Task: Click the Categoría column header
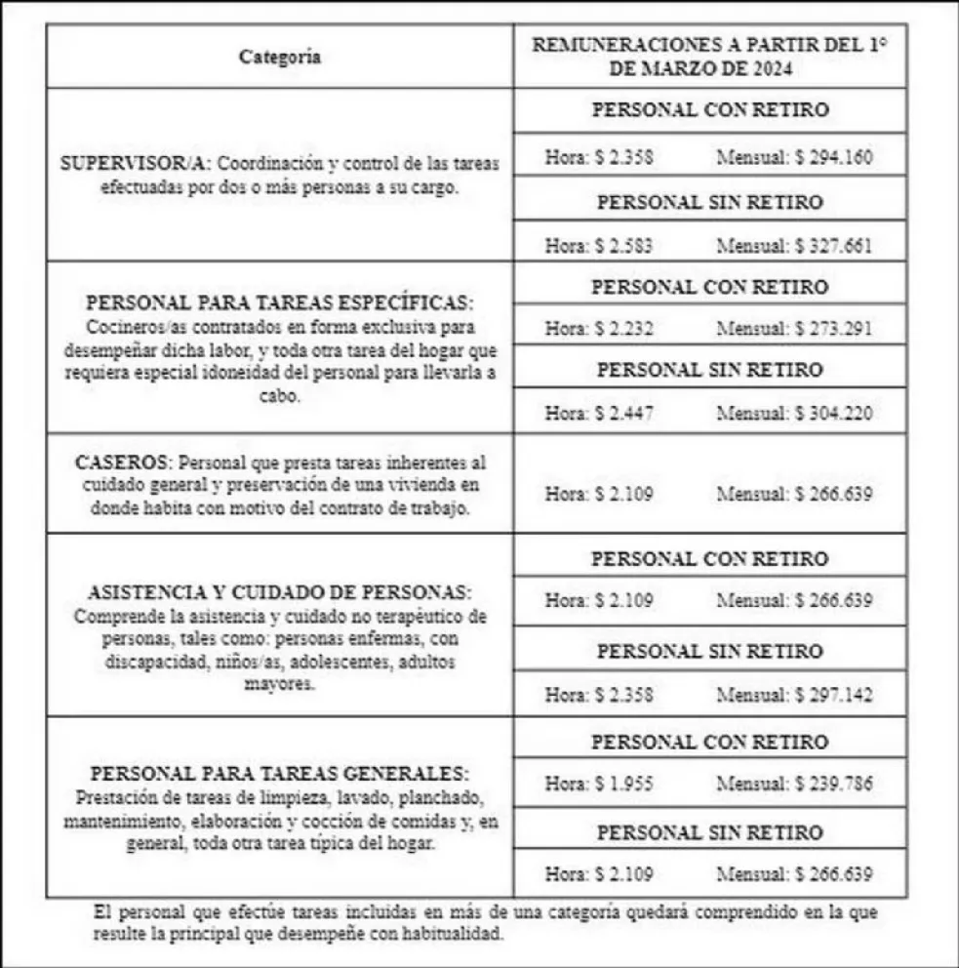coord(280,57)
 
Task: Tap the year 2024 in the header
coord(769,69)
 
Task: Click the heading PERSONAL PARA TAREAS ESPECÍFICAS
coord(280,302)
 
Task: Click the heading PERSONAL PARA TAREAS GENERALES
coord(280,774)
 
